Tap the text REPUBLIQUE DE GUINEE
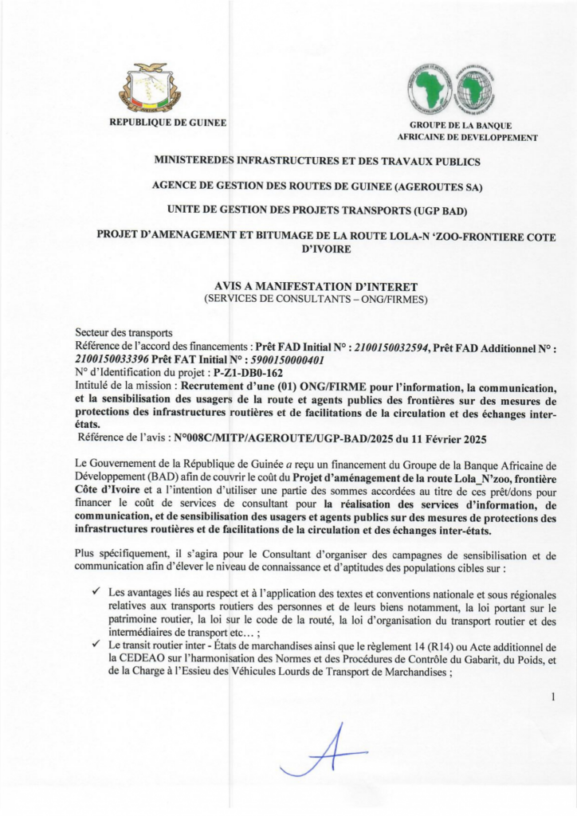167,122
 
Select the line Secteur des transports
124,333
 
